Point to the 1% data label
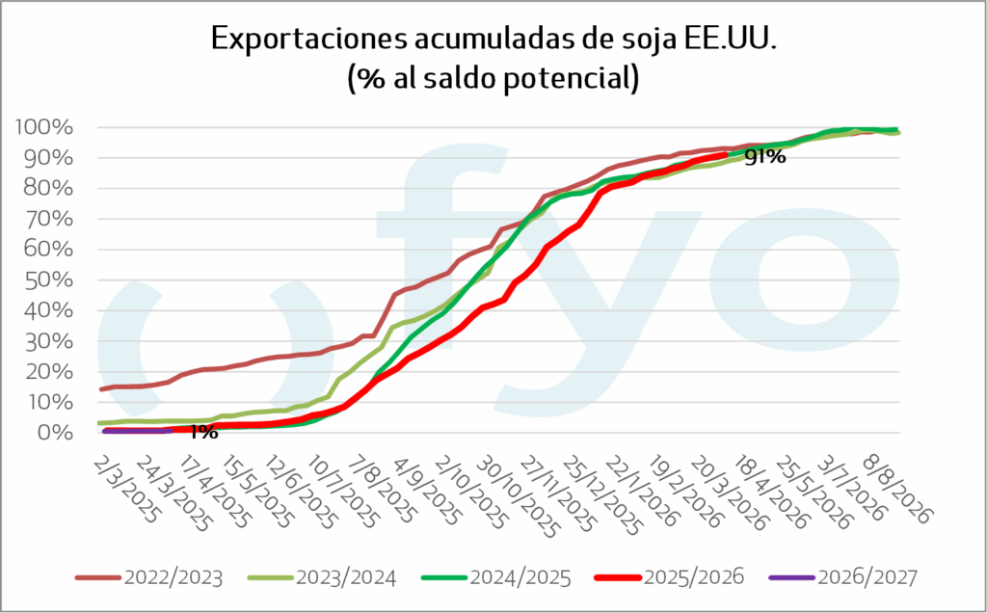click(x=202, y=432)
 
